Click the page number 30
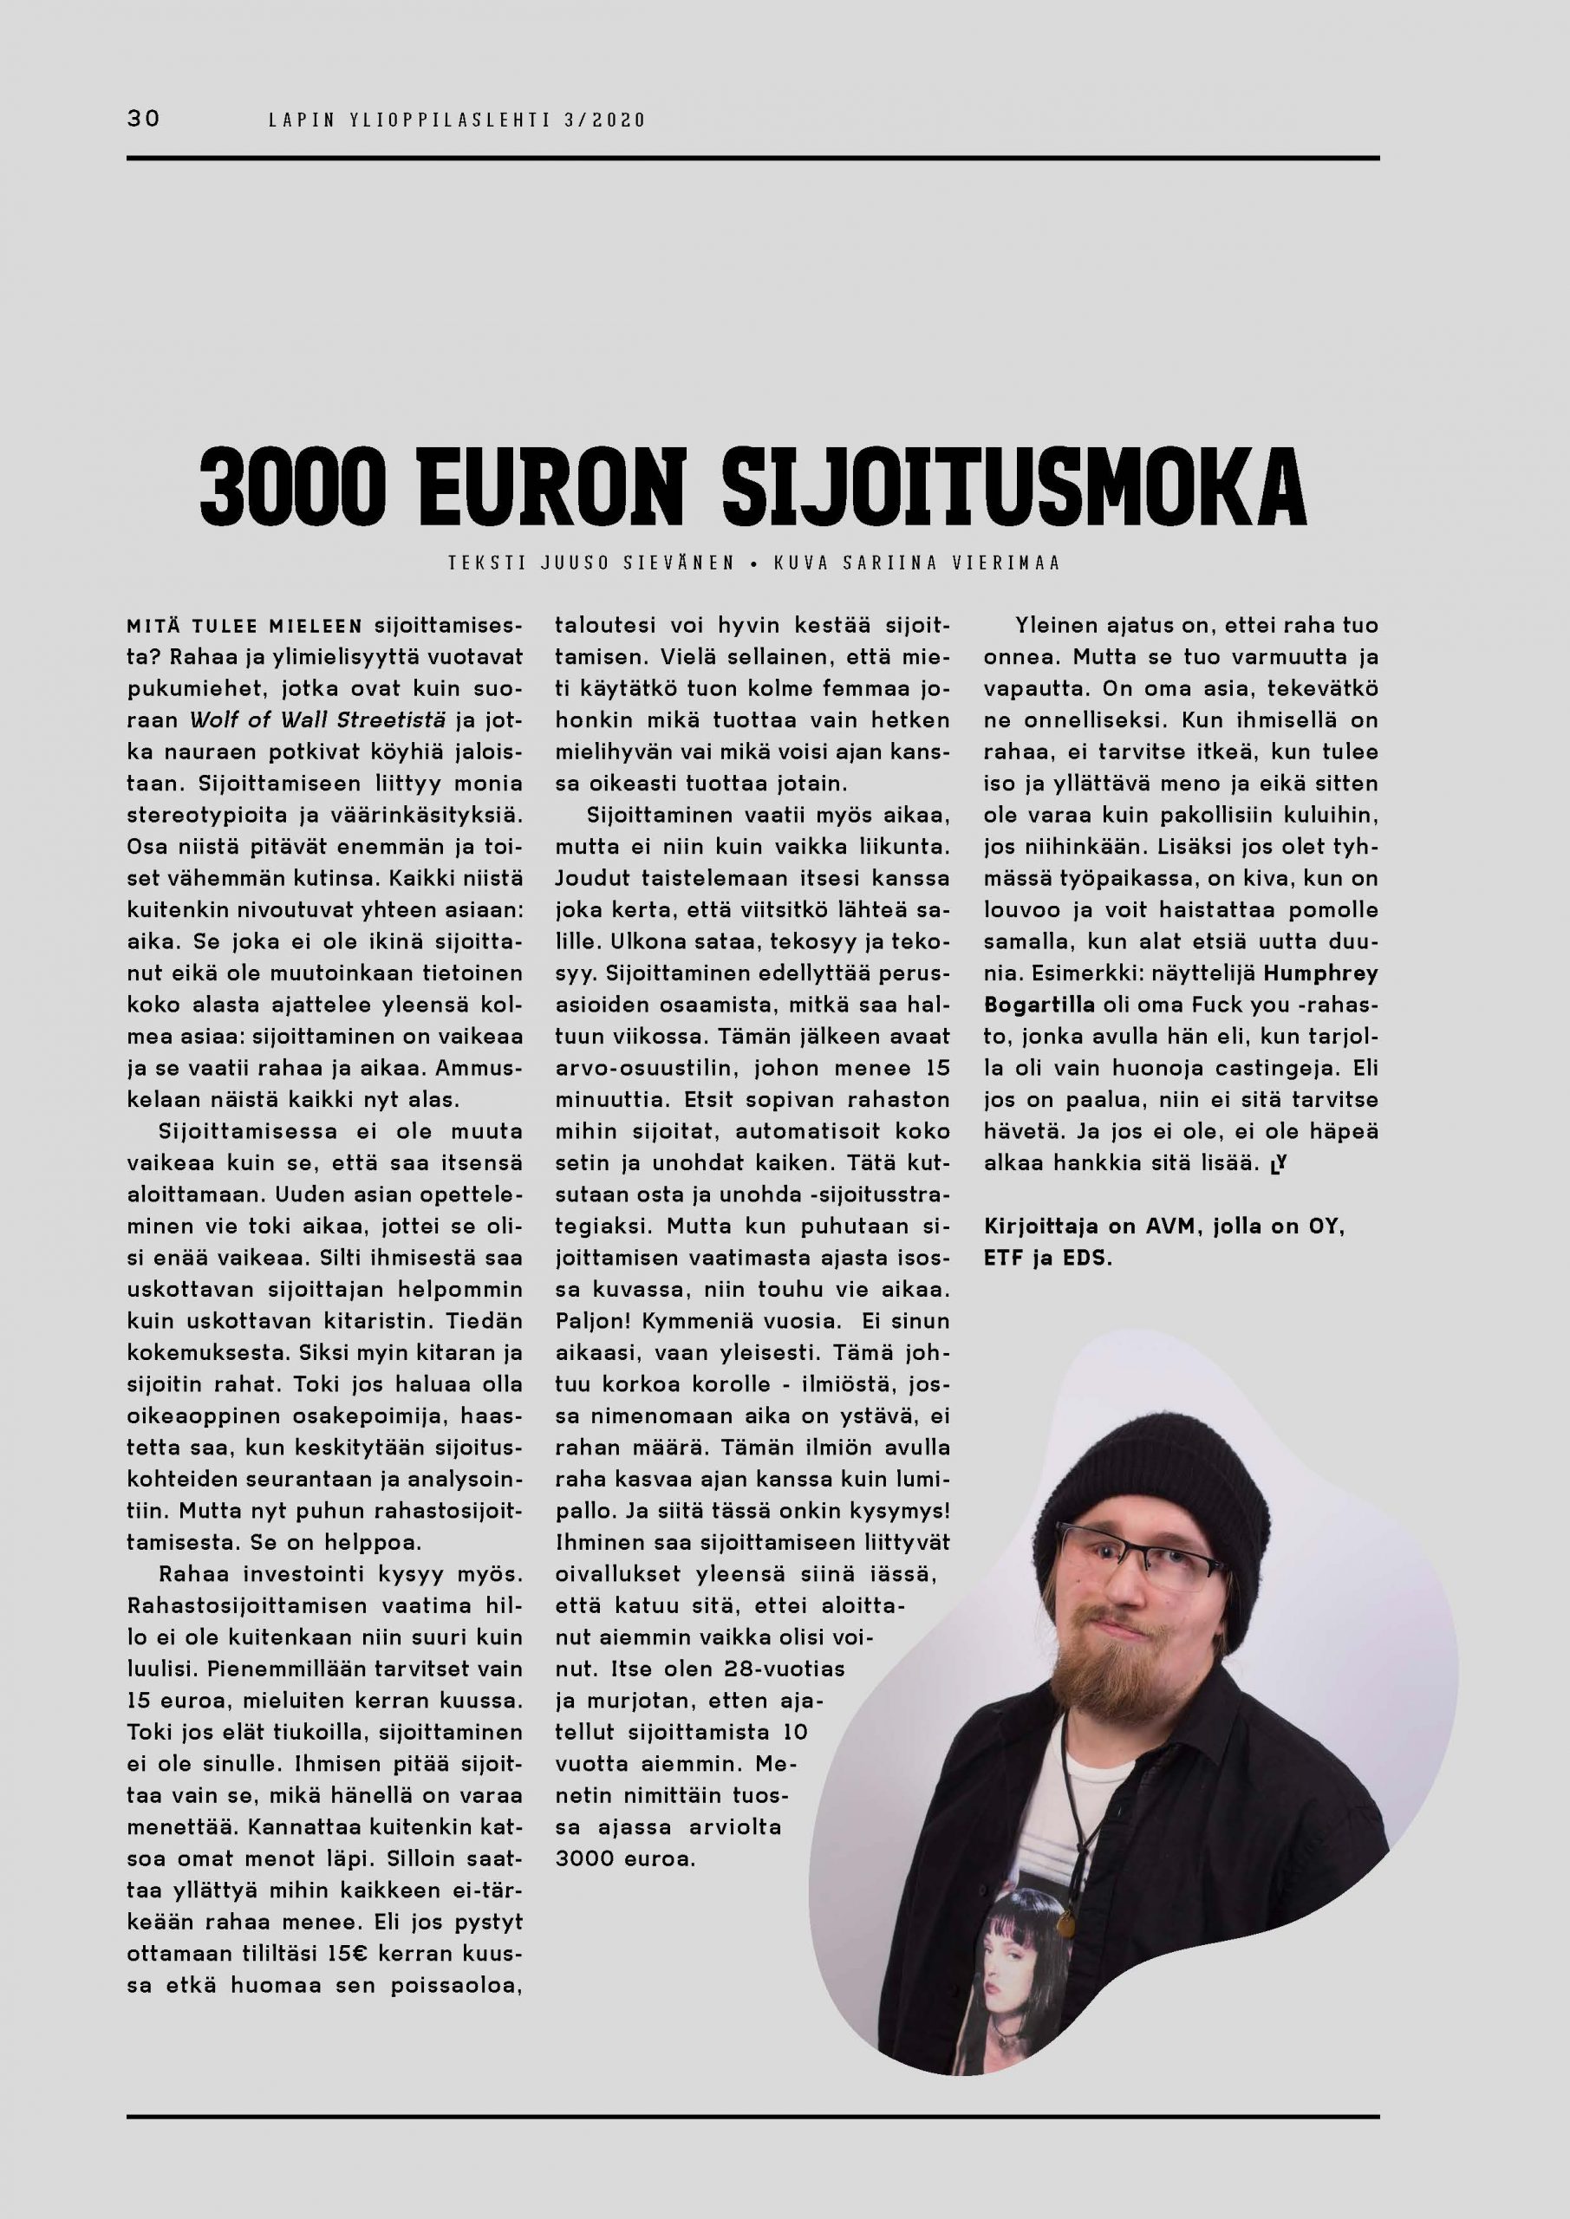pyautogui.click(x=144, y=119)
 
